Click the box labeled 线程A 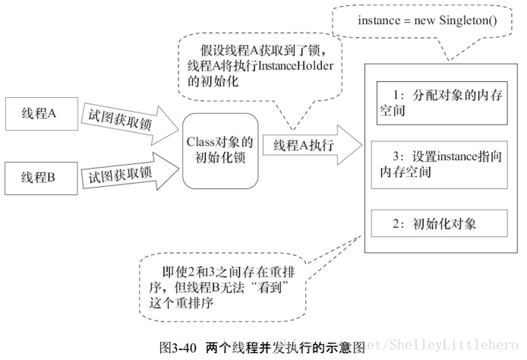43,114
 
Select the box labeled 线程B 43,180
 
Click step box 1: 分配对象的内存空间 441,103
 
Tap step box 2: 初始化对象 441,224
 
